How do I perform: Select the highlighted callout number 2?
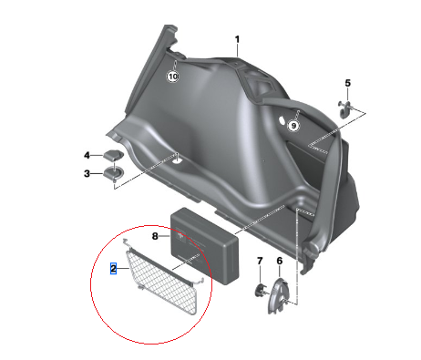coord(113,269)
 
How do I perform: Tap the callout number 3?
coord(87,173)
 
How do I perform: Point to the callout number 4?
coord(87,155)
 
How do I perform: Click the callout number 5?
coord(347,84)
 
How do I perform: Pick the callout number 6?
coord(280,262)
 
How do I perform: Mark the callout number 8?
coord(156,236)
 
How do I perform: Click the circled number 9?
coord(293,126)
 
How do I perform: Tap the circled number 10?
coord(173,77)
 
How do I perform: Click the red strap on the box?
coord(193,242)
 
